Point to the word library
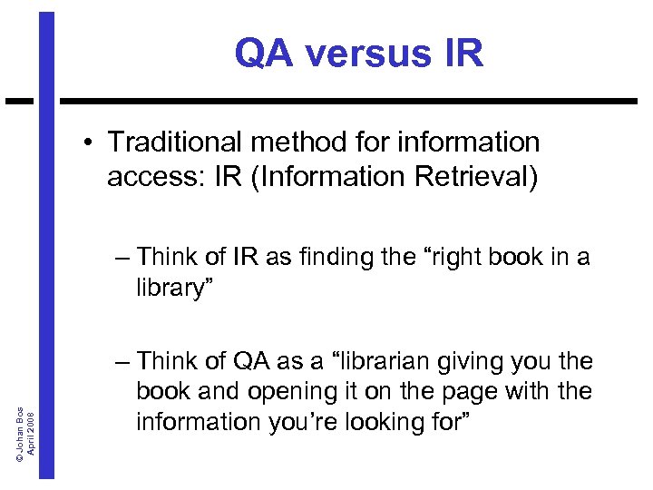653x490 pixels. (170, 288)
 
